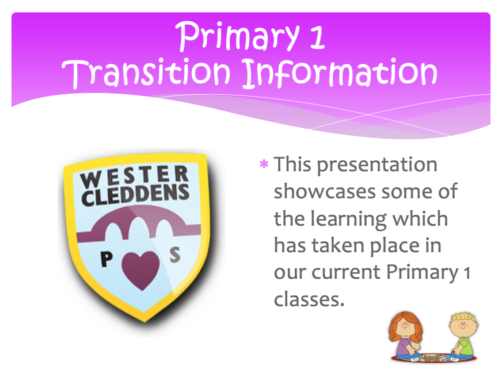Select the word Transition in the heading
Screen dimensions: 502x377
click(146, 73)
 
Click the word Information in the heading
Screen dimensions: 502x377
click(340, 73)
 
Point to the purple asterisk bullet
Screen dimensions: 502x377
click(264, 165)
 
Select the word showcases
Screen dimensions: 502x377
click(325, 192)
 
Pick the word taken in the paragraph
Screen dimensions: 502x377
click(338, 246)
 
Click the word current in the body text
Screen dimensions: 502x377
click(346, 273)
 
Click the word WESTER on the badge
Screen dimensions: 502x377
click(134, 177)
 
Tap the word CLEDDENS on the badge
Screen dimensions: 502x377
click(135, 195)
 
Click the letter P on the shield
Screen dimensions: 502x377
click(106, 259)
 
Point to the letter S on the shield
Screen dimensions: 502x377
click(175, 255)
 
